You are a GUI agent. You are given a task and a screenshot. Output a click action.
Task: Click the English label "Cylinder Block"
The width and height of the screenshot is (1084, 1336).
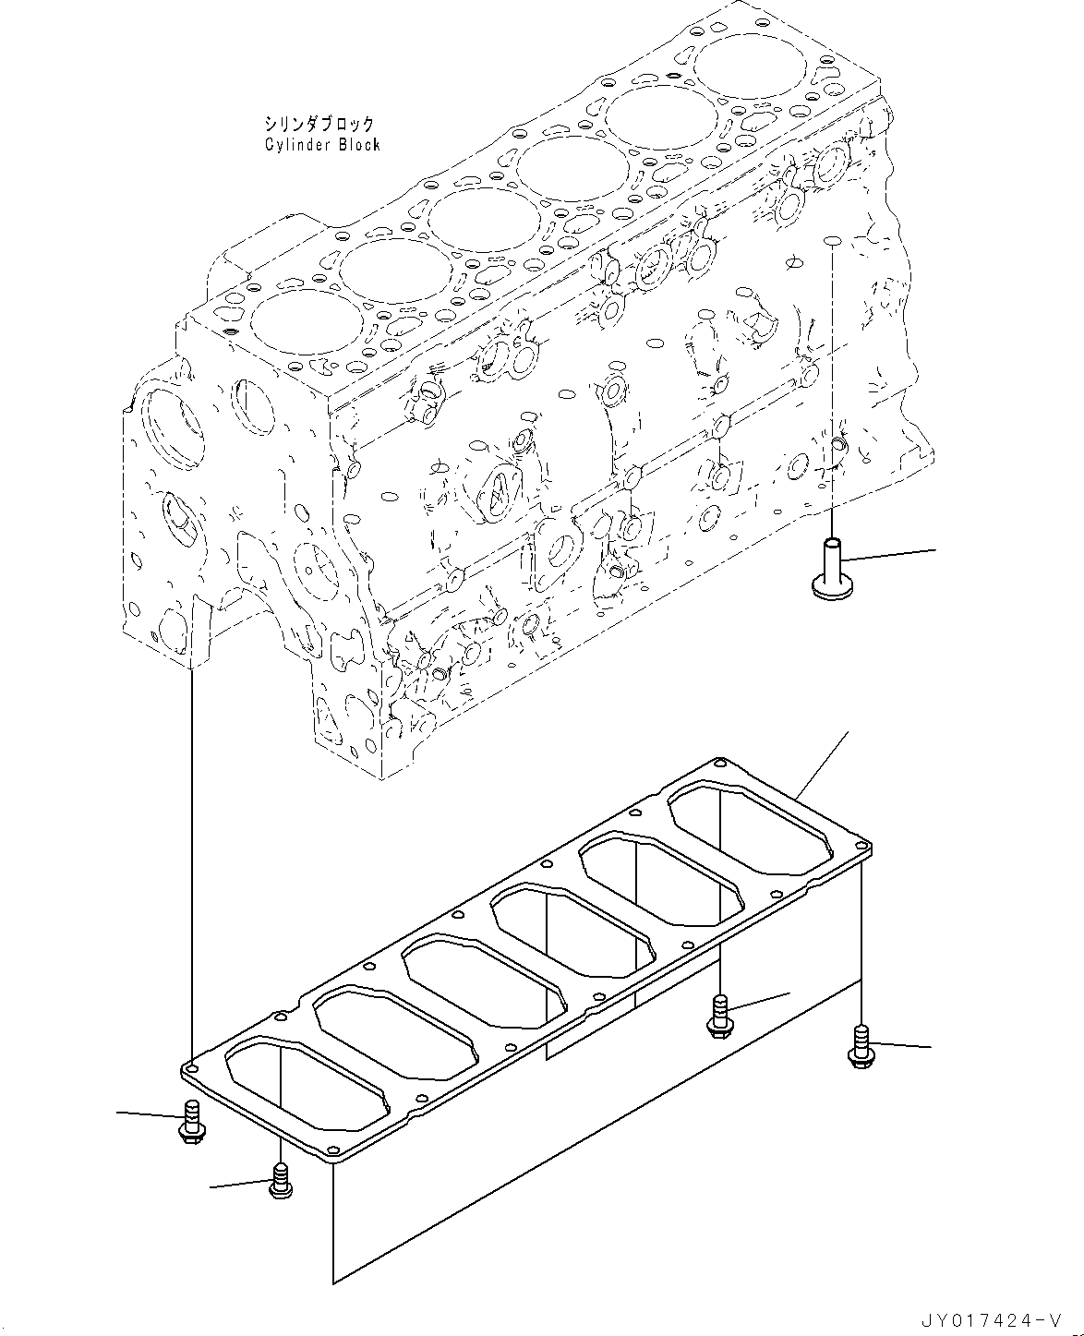[321, 145]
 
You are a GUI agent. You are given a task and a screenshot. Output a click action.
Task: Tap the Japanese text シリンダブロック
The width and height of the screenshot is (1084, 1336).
[319, 123]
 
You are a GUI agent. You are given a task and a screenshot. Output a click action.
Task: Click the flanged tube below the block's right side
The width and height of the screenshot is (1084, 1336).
[831, 567]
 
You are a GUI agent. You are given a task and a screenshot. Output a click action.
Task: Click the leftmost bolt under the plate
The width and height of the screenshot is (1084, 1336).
[192, 1121]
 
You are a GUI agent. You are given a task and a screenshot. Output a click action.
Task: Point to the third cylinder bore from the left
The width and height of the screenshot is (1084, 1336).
[484, 222]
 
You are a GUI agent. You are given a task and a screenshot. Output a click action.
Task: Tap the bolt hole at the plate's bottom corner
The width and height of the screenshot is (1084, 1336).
[324, 1155]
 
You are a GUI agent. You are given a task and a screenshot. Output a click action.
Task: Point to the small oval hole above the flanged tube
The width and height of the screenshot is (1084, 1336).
[831, 241]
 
